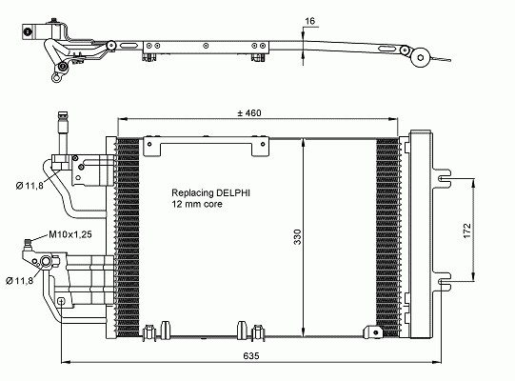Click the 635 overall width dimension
251,355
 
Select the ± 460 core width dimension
249,113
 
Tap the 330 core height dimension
297,236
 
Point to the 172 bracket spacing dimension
466,231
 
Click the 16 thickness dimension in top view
309,21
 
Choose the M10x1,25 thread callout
70,234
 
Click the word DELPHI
233,192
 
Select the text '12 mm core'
197,204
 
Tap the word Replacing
192,193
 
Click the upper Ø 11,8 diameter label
30,186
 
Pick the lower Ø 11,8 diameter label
20,280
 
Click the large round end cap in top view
421,57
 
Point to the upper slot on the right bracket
444,178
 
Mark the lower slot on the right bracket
444,281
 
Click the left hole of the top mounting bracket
149,144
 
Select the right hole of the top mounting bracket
263,144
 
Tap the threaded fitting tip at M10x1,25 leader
28,244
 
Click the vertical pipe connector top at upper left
63,116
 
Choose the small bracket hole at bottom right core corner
376,332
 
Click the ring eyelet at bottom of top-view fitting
56,78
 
